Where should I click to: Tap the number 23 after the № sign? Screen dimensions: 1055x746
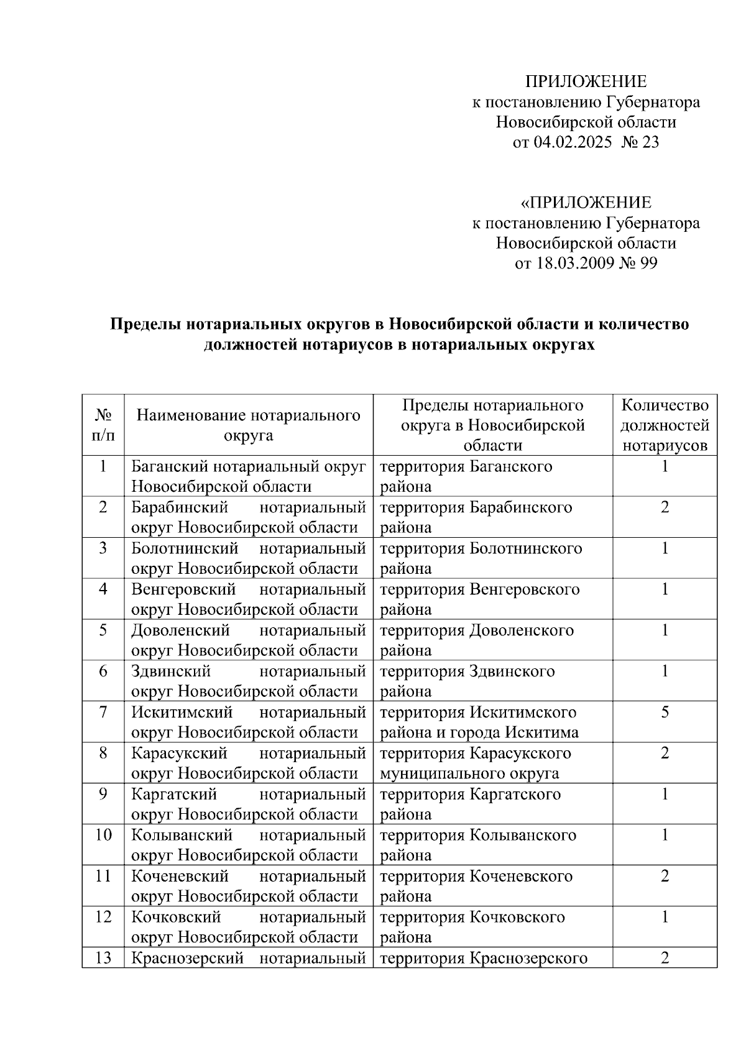pos(650,142)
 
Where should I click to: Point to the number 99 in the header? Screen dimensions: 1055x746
pos(648,263)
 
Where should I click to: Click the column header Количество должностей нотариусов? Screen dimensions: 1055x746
pos(665,425)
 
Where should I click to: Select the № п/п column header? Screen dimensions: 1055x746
pos(103,425)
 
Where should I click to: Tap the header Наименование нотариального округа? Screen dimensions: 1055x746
pos(248,425)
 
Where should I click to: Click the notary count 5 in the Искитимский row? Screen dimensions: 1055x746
pos(665,712)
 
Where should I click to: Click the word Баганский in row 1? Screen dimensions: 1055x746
pos(168,466)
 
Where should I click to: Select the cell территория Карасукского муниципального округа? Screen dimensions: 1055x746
pos(475,763)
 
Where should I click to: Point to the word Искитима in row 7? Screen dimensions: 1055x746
pos(541,732)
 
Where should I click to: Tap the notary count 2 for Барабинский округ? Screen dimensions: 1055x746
pos(665,507)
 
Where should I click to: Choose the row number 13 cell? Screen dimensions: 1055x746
pos(103,958)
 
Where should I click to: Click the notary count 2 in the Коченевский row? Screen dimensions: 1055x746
pos(665,876)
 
